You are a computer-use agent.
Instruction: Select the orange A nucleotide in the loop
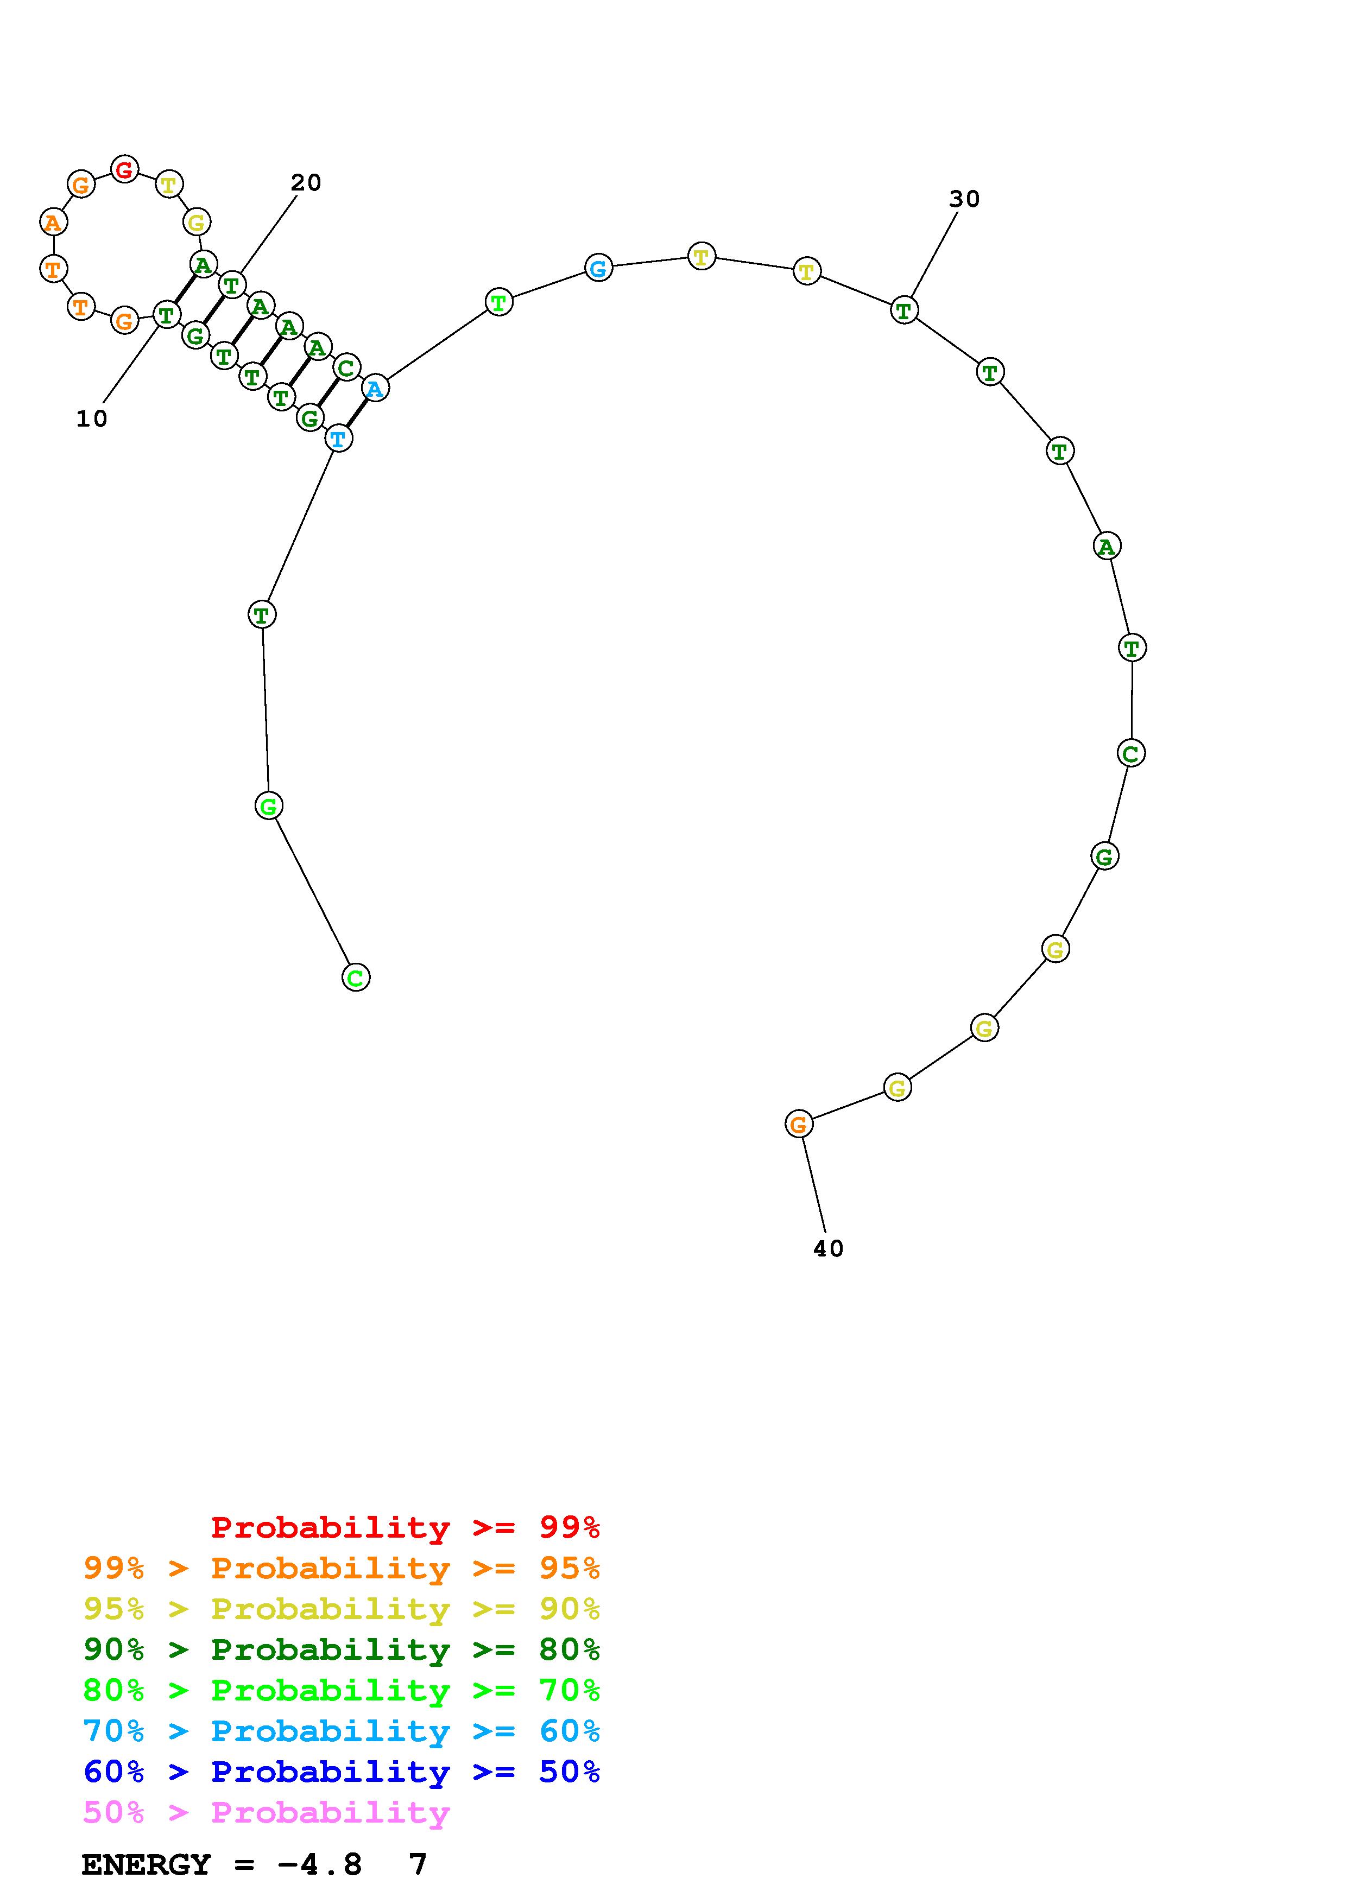53,221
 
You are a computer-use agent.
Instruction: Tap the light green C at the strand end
356,977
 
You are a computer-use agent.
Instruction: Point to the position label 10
92,419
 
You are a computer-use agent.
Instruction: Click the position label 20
306,182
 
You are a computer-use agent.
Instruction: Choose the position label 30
964,199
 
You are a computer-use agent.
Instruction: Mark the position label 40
829,1248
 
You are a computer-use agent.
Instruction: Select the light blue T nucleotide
338,438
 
